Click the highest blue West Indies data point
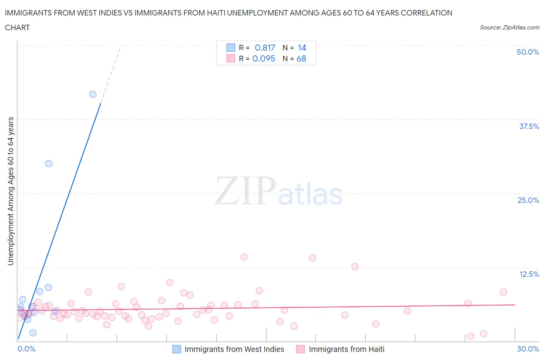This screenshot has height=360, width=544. pyautogui.click(x=93, y=94)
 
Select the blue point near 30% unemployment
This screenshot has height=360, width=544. pyautogui.click(x=49, y=163)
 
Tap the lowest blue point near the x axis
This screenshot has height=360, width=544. pyautogui.click(x=33, y=333)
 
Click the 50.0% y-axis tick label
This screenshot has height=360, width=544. pyautogui.click(x=528, y=52)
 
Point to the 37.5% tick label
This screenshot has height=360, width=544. pyautogui.click(x=529, y=126)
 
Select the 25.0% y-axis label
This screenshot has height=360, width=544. pyautogui.click(x=528, y=200)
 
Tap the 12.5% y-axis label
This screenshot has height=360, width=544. pyautogui.click(x=529, y=274)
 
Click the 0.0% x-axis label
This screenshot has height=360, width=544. pyautogui.click(x=26, y=349)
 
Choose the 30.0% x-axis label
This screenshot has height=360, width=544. pyautogui.click(x=528, y=349)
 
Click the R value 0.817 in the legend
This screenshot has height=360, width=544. pyautogui.click(x=265, y=48)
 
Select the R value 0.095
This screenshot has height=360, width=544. pyautogui.click(x=263, y=58)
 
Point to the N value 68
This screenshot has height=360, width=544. pyautogui.click(x=301, y=58)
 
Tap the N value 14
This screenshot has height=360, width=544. pyautogui.click(x=302, y=48)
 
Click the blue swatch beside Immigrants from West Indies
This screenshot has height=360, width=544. pyautogui.click(x=176, y=349)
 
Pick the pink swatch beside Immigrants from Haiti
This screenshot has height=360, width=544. pyautogui.click(x=301, y=349)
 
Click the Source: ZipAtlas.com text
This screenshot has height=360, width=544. pyautogui.click(x=509, y=27)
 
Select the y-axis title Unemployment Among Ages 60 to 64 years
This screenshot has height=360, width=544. pyautogui.click(x=10, y=191)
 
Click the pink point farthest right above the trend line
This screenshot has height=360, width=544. pyautogui.click(x=503, y=292)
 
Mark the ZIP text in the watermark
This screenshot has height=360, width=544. pyautogui.click(x=245, y=191)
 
